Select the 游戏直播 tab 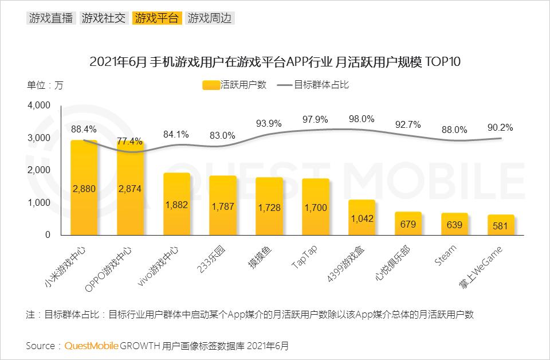[x=50, y=18]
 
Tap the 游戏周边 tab [x=210, y=18]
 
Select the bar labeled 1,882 [x=176, y=204]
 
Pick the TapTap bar [x=316, y=207]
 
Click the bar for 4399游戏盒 [x=362, y=217]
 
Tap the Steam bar [x=454, y=224]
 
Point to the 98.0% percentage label [x=362, y=119]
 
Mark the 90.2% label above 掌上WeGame [x=501, y=127]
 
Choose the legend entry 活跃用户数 [x=235, y=85]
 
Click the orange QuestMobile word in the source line [x=91, y=346]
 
